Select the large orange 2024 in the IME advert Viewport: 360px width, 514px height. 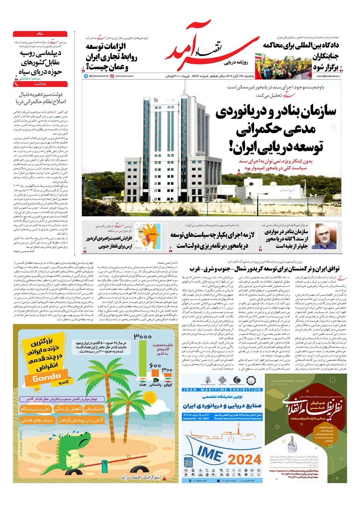point(244,459)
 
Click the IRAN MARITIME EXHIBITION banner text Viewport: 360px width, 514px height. point(222,390)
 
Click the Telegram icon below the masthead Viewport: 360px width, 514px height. point(86,76)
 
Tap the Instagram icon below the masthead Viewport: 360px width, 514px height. point(112,76)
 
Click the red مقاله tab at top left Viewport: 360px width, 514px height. point(40,34)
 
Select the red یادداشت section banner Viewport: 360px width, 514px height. point(40,83)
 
